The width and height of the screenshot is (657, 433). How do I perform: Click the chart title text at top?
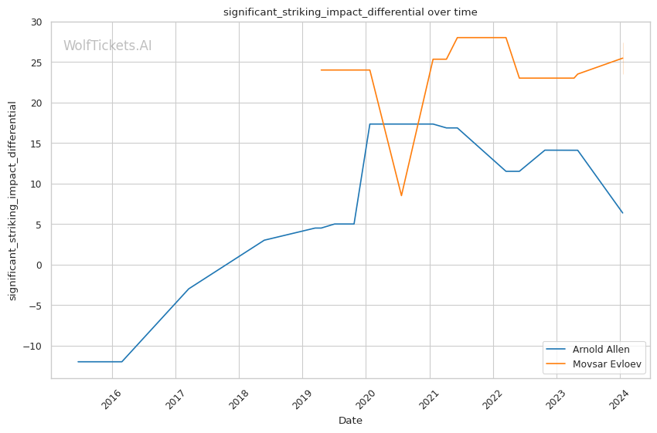point(350,12)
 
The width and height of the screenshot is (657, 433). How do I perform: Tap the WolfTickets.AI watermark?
point(107,46)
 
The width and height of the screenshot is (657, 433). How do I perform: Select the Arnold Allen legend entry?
point(600,350)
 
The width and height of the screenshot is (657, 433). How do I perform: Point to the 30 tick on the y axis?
point(36,22)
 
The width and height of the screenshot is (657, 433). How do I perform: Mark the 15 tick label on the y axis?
point(36,144)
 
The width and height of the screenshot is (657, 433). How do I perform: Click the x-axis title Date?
point(350,421)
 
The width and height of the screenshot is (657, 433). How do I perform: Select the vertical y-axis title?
point(13,201)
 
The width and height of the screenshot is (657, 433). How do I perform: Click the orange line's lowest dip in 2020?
point(401,195)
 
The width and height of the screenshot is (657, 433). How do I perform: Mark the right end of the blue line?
point(622,213)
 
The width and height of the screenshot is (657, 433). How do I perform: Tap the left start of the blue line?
point(78,361)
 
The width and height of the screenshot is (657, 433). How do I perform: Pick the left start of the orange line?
point(321,70)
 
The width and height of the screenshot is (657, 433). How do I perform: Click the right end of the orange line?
point(622,58)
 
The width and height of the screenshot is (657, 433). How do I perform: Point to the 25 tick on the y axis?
point(36,63)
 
